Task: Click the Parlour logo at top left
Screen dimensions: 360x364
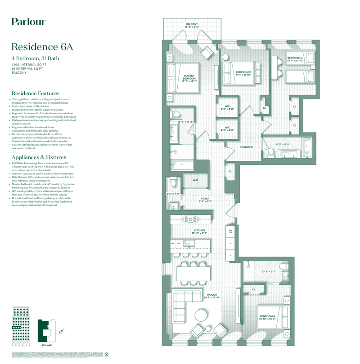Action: [28, 21]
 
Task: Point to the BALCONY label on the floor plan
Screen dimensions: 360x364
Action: [193, 24]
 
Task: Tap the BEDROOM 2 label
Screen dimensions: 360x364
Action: [243, 73]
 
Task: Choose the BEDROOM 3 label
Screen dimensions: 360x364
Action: [295, 58]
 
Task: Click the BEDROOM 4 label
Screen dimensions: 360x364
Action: [267, 317]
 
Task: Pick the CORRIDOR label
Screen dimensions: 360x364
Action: [246, 147]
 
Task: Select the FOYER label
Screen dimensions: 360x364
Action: [205, 199]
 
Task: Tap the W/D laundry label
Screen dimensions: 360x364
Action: [195, 180]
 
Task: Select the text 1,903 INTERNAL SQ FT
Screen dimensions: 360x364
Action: [29, 65]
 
